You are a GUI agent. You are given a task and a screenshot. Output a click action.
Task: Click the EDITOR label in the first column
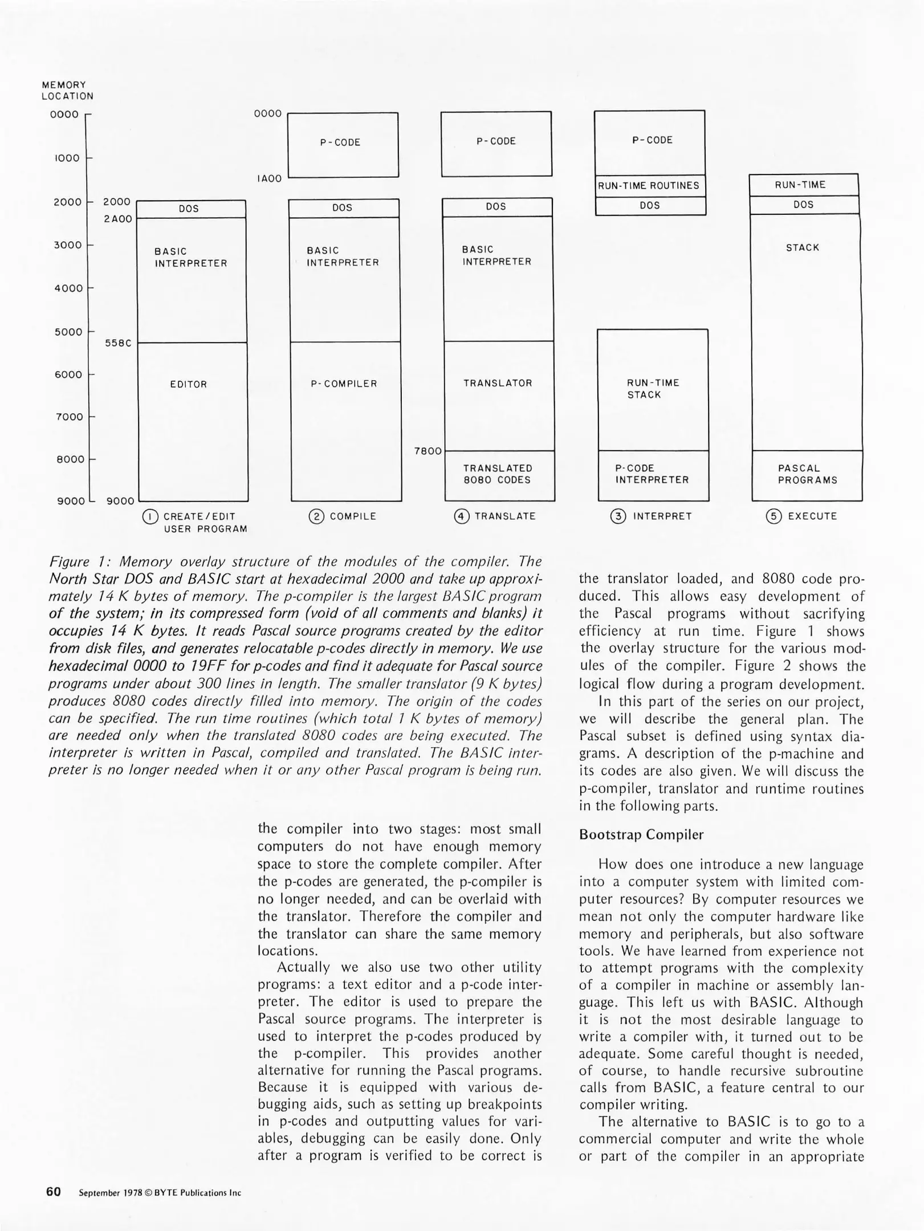[188, 385]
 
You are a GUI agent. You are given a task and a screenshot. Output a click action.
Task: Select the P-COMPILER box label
[344, 384]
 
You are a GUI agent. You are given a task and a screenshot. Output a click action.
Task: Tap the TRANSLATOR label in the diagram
[498, 384]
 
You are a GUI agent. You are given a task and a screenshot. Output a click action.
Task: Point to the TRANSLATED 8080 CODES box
[498, 474]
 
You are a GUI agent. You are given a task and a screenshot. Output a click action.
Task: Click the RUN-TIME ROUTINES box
[650, 186]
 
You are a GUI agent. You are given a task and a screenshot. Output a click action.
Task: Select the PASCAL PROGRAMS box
[807, 474]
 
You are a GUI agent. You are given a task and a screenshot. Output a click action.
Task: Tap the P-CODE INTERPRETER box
[652, 474]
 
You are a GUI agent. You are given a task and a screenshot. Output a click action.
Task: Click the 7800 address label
[428, 451]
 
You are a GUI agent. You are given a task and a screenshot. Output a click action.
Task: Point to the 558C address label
[118, 343]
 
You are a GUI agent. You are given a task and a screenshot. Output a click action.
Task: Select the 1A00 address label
[269, 179]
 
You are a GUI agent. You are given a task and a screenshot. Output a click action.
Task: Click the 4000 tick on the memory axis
[68, 288]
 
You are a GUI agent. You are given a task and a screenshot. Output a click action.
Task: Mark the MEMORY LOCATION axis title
[67, 91]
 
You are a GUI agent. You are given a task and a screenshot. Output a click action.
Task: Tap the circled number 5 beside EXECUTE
[773, 517]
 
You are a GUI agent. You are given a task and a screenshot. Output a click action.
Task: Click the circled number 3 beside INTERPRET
[617, 517]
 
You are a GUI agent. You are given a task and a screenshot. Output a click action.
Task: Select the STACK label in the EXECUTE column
[803, 248]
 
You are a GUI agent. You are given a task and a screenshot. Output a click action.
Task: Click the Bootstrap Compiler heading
[641, 835]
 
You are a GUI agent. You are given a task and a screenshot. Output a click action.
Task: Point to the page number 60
[54, 1192]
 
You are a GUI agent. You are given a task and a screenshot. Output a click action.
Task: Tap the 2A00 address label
[117, 219]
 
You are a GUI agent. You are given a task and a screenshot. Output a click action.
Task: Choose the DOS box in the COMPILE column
[343, 209]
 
